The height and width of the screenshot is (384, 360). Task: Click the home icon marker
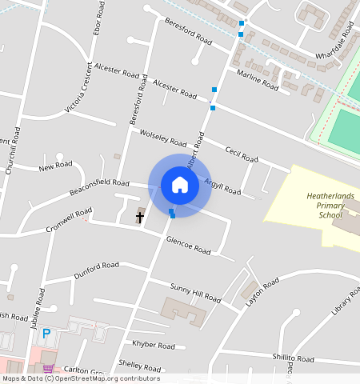click(180, 186)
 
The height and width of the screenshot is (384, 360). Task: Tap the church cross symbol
click(140, 217)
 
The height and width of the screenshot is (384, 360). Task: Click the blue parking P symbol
click(46, 334)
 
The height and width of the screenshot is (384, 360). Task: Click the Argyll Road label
click(222, 186)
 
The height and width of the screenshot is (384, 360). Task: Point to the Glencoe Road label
click(188, 245)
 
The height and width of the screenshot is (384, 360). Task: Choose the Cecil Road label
click(242, 154)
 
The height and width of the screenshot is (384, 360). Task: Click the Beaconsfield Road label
click(99, 189)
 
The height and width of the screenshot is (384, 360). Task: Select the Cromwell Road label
click(69, 217)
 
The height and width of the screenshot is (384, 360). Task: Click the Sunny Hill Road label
click(195, 292)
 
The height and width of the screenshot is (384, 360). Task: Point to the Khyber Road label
click(154, 346)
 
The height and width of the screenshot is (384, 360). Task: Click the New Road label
click(56, 166)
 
